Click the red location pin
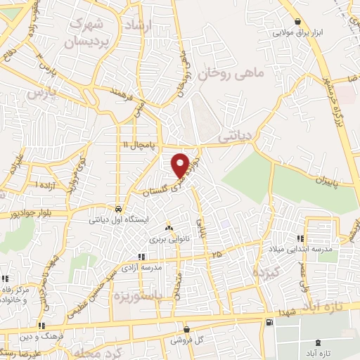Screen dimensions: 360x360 tap(180, 165)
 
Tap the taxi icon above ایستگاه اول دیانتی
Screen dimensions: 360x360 tap(119, 209)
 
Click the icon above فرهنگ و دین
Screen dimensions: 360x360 tap(42, 326)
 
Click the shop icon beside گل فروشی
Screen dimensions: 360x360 tap(186, 328)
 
